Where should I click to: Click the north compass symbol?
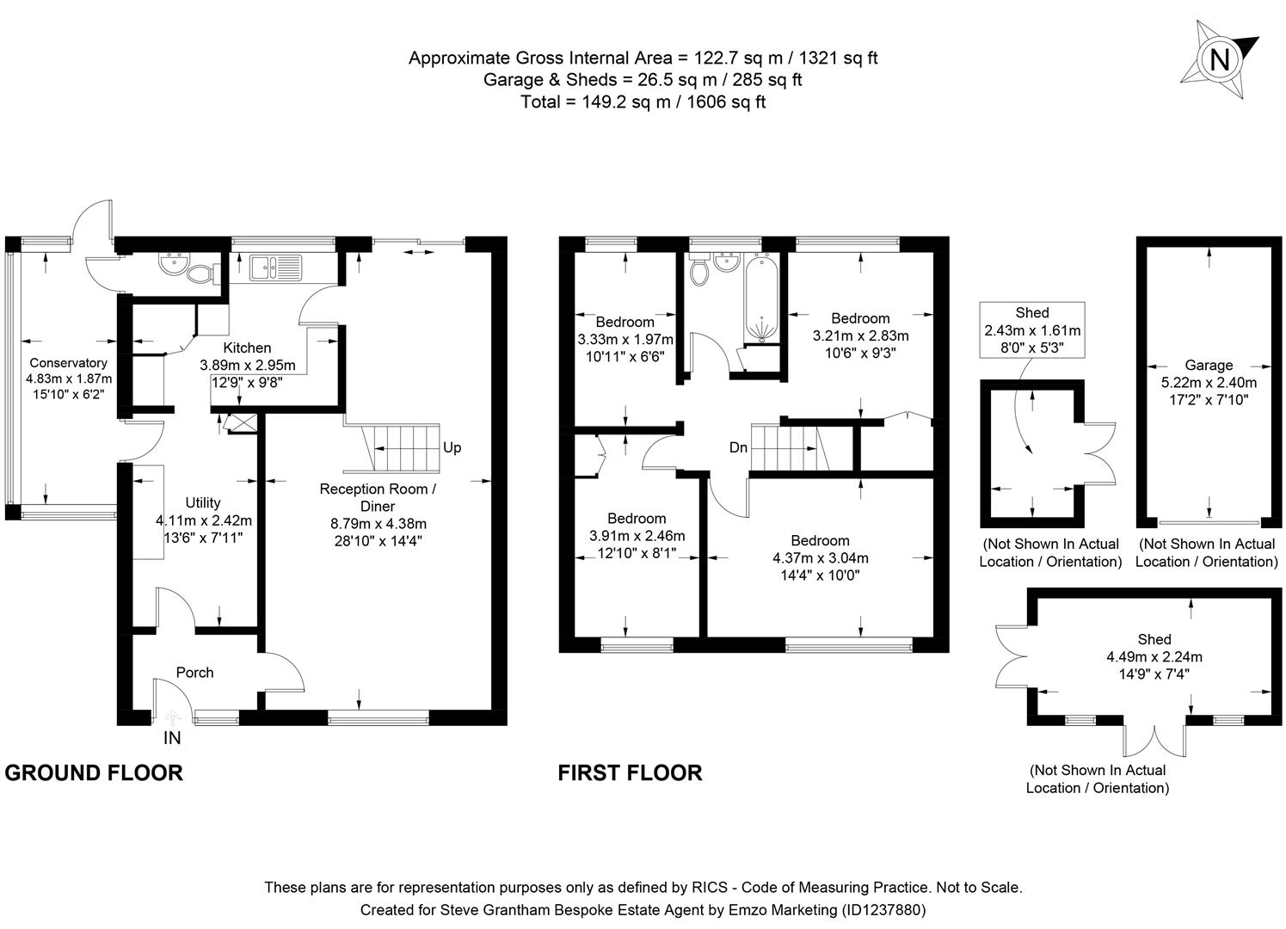(x=1219, y=58)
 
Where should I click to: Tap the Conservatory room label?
(x=68, y=362)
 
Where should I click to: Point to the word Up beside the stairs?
(x=452, y=447)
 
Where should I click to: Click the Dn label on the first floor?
(x=738, y=447)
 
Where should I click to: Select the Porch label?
(x=194, y=673)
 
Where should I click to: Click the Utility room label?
(x=203, y=503)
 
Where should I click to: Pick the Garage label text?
(x=1209, y=365)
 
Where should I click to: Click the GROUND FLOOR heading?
(x=94, y=772)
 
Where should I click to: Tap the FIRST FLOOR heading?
(x=630, y=772)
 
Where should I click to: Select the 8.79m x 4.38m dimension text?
(x=378, y=523)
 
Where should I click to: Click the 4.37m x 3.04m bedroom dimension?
(x=820, y=557)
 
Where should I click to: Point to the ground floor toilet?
(x=202, y=274)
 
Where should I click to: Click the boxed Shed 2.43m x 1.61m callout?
(x=1031, y=329)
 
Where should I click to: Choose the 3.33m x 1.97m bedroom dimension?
(x=625, y=339)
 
